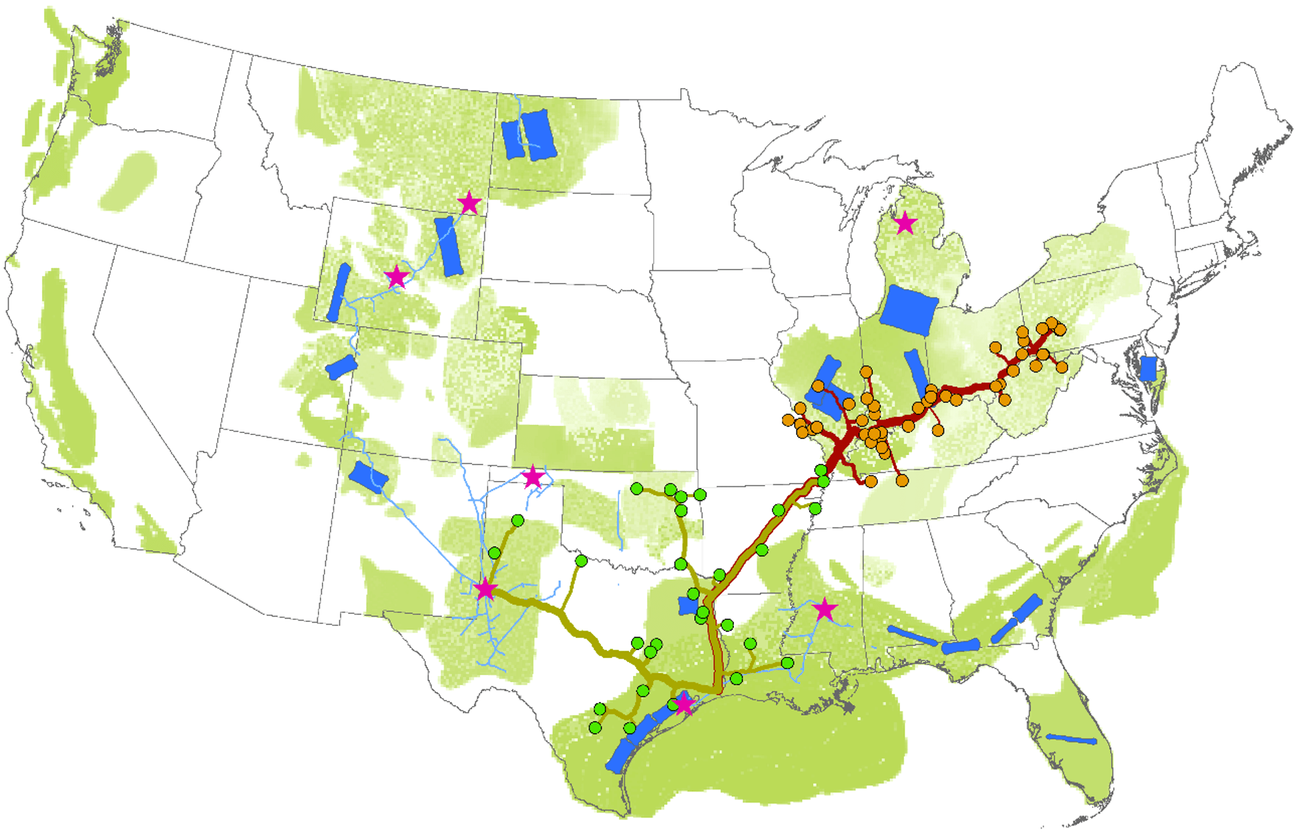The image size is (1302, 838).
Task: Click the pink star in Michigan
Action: [905, 223]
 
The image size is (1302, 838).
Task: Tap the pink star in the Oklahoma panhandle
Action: [532, 477]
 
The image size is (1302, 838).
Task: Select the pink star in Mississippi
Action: [825, 609]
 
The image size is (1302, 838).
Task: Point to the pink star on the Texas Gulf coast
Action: [684, 704]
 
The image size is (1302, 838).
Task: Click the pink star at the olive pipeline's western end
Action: [485, 590]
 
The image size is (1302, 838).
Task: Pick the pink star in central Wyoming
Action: [397, 276]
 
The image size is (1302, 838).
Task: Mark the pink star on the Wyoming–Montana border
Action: [469, 203]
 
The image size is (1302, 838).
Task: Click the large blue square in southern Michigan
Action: [909, 310]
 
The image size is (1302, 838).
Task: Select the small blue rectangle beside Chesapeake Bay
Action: [1148, 368]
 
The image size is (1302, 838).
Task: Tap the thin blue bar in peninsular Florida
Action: [1071, 739]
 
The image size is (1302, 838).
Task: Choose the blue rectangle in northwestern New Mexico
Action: [369, 477]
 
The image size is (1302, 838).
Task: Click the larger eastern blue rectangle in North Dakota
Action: [538, 135]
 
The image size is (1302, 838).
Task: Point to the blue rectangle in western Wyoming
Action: [339, 292]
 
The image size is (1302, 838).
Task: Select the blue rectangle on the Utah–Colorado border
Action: [341, 367]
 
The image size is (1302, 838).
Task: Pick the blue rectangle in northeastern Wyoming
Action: [449, 246]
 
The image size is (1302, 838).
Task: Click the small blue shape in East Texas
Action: [688, 606]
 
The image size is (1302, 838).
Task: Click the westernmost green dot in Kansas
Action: [637, 489]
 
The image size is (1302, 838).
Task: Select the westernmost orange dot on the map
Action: [789, 420]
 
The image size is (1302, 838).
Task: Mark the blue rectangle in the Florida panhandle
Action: [960, 646]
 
